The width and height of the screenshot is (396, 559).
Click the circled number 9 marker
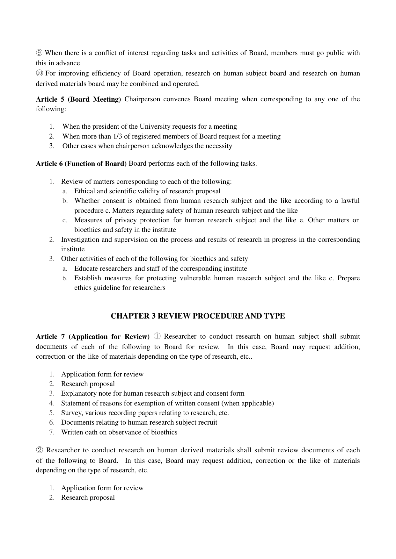(39, 53)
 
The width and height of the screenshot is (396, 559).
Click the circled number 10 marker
(39, 74)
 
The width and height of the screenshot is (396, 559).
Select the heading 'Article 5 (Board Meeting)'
(78, 99)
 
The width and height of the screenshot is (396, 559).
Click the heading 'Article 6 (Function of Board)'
(81, 164)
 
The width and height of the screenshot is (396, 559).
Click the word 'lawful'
(350, 201)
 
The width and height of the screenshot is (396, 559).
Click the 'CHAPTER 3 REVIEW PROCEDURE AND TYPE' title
(198, 316)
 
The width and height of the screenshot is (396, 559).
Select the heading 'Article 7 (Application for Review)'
(93, 337)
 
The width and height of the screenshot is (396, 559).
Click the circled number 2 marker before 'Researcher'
(39, 450)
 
